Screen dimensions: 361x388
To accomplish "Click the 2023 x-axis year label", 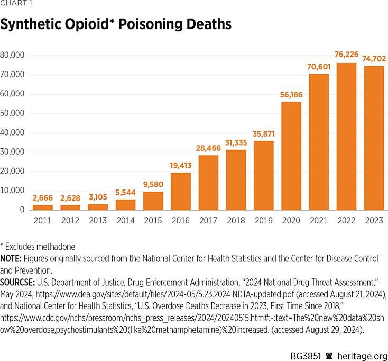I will (373, 220).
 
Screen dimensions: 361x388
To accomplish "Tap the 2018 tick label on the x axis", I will (235, 220).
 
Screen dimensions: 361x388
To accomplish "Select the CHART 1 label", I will (16, 6).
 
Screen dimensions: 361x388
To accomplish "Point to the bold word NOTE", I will (11, 259).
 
